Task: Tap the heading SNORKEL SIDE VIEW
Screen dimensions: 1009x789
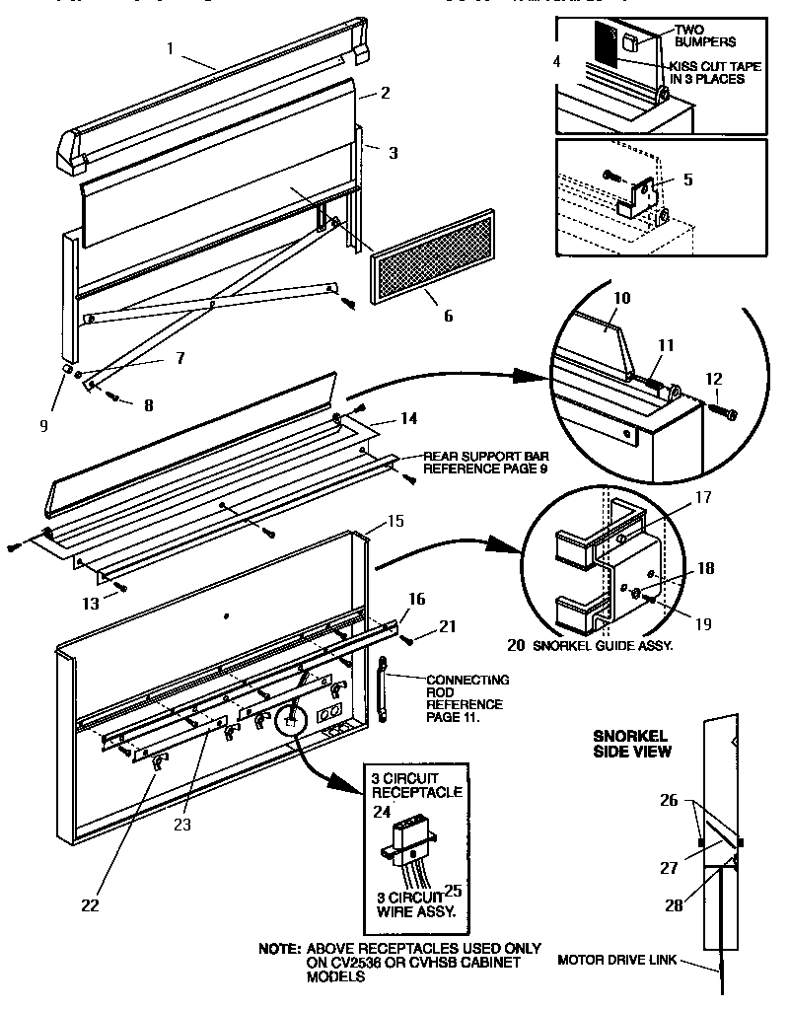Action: (x=631, y=743)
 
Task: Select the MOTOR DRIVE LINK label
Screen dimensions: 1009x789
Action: (x=616, y=960)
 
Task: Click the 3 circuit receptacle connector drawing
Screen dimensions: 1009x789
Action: (x=407, y=837)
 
